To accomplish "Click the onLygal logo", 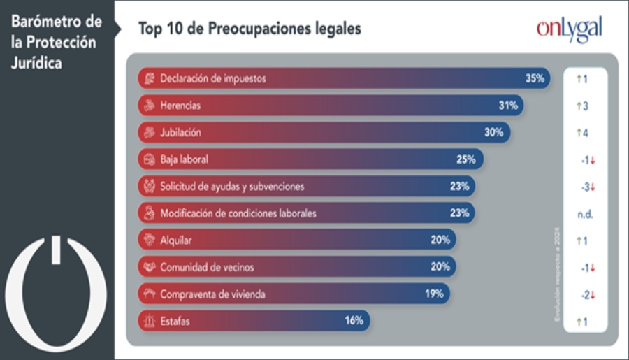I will [x=569, y=29].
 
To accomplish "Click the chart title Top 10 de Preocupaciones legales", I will [x=250, y=29].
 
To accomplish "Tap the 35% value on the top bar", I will [x=535, y=79].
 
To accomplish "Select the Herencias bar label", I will [x=180, y=106].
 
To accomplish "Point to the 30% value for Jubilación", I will [x=493, y=133].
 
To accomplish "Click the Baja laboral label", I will [x=184, y=159].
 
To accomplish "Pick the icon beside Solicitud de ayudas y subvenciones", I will [x=147, y=187].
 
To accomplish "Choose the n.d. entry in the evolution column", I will [x=585, y=214].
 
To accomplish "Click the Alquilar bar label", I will [x=176, y=240].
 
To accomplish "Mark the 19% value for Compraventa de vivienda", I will [x=434, y=294].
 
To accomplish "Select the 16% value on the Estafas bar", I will [x=354, y=321].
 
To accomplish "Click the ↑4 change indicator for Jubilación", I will [x=581, y=133].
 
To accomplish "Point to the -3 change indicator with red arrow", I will [x=587, y=187].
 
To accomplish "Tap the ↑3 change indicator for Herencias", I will [x=581, y=106].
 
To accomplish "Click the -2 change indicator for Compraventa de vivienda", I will [x=587, y=294].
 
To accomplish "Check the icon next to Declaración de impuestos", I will [x=147, y=79].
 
